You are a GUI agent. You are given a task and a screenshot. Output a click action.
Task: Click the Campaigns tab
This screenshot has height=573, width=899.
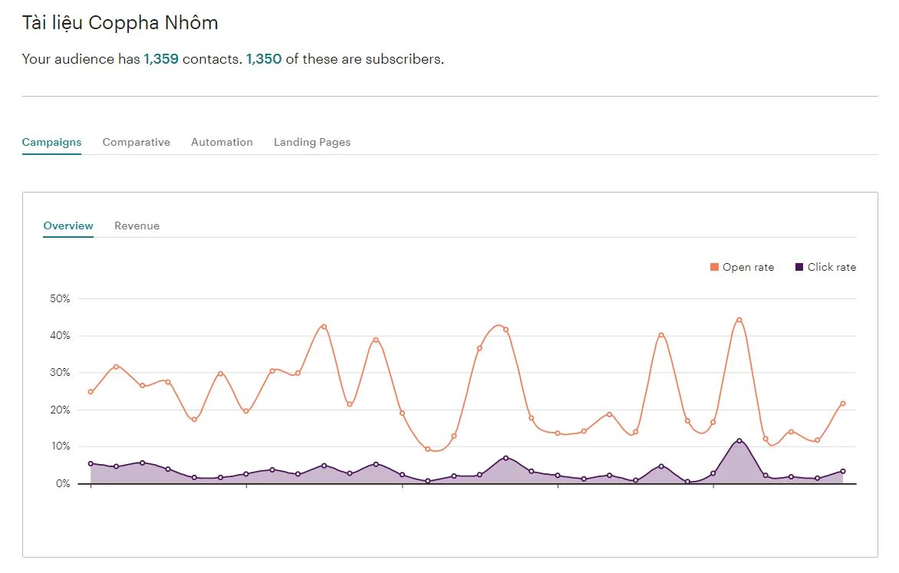click(51, 142)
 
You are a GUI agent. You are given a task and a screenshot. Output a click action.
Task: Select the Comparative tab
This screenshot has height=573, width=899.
click(136, 142)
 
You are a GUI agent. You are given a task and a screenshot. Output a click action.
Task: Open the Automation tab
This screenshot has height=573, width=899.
click(222, 142)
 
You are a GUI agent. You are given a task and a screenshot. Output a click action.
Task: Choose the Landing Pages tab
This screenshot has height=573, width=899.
click(311, 142)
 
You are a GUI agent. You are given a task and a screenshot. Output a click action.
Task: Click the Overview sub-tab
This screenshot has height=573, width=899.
click(68, 226)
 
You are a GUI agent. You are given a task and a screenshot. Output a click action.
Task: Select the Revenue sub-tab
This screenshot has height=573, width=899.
click(137, 226)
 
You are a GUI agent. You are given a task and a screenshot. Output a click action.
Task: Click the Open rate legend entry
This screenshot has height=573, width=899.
click(742, 268)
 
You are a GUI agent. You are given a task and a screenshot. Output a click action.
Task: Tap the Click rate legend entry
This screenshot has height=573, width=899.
click(825, 268)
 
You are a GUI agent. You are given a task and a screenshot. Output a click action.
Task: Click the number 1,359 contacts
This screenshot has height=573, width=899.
click(161, 59)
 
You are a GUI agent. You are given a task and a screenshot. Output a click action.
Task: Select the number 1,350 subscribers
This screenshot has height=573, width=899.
click(264, 59)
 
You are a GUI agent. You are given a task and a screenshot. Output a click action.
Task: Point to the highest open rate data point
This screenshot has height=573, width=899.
click(739, 320)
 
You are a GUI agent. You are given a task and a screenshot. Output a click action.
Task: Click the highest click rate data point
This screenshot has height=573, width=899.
click(739, 441)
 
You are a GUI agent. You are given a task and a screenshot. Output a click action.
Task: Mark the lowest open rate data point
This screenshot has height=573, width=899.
click(427, 449)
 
